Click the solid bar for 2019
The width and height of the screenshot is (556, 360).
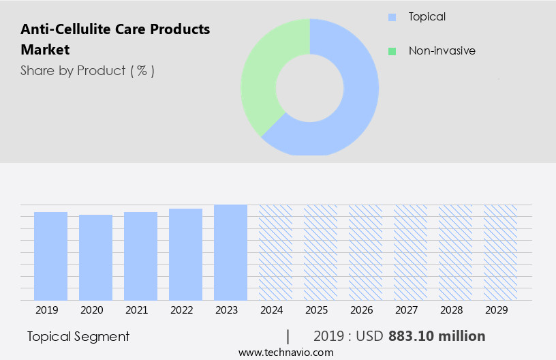[x=50, y=256]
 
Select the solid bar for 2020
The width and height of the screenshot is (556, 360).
[x=95, y=257]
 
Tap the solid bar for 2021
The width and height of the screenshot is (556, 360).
[x=140, y=256]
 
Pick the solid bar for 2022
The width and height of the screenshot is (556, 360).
[x=185, y=254]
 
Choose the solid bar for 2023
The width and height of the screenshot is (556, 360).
[x=230, y=252]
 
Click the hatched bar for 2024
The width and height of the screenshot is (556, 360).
[x=275, y=252]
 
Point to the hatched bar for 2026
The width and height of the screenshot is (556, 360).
[x=365, y=252]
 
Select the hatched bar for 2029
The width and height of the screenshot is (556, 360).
[x=500, y=252]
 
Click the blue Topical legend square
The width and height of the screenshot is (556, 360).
[x=391, y=17]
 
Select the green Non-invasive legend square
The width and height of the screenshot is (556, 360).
[x=391, y=51]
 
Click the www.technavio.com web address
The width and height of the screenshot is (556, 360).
[x=285, y=352]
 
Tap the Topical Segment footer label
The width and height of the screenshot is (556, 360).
[x=78, y=336]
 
